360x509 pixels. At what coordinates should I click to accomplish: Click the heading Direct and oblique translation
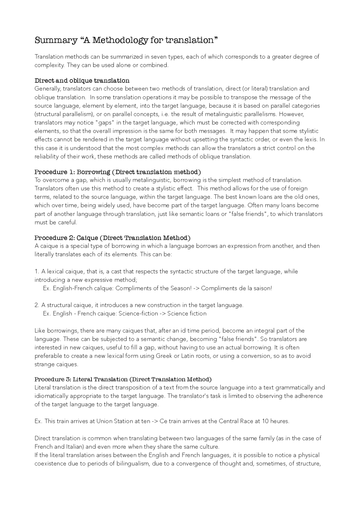click(82, 81)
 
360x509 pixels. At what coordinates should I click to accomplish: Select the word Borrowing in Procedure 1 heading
click(93, 172)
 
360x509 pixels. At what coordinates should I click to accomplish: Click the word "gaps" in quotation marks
click(105, 123)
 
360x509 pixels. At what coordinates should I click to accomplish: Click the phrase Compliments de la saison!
click(237, 288)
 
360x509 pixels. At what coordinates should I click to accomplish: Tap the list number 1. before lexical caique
click(37, 272)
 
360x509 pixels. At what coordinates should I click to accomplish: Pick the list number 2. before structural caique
click(37, 305)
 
